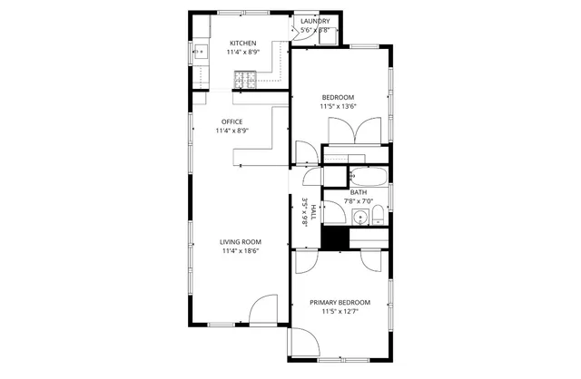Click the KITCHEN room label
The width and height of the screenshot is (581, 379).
coord(242,43)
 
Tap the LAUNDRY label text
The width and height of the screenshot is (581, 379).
coord(315,21)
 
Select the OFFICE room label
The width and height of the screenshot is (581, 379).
coord(231,121)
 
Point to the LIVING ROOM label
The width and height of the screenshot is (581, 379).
coord(241,241)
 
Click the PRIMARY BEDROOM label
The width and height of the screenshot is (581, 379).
coord(340,302)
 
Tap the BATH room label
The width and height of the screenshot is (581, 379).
coord(359,191)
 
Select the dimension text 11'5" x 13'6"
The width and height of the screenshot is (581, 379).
coord(338,106)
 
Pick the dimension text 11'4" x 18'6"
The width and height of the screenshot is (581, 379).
coord(241,251)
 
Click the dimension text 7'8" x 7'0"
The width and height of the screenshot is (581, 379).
coord(359,200)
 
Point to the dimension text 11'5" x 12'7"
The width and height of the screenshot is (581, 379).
coord(340,311)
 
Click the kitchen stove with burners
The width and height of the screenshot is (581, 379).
coord(243,82)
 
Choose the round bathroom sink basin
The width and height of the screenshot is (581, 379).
coord(360,218)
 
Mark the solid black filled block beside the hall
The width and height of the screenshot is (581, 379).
coord(336,238)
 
